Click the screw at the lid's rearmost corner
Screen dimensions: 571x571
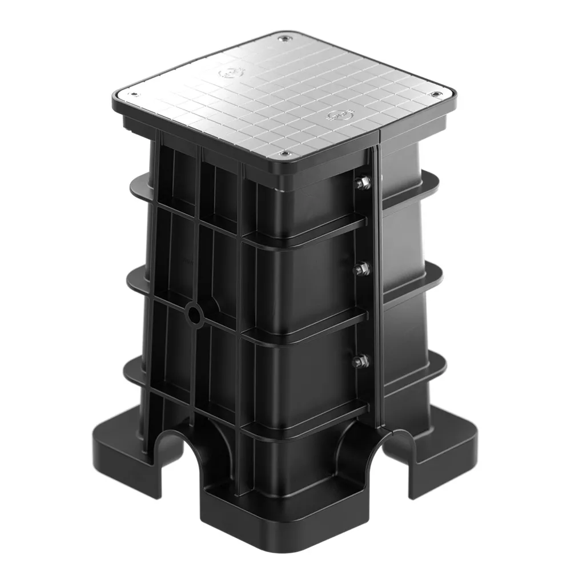pos(283,38)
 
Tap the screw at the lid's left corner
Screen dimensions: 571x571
pos(134,95)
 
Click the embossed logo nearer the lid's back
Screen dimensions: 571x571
pos(231,73)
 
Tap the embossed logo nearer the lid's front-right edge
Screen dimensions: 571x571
pos(337,116)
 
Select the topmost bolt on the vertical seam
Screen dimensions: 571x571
pos(362,183)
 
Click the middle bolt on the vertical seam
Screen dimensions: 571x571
pos(361,268)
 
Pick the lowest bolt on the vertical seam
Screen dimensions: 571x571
pos(360,361)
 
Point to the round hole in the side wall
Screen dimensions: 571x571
pos(194,315)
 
